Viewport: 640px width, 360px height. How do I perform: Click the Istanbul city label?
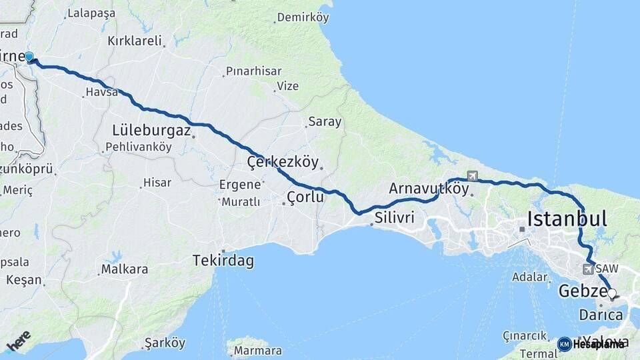[x=567, y=219]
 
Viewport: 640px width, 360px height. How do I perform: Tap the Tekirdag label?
[x=223, y=261]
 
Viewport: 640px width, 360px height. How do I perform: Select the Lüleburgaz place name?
[x=151, y=129]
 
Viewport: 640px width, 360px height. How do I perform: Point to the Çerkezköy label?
[x=283, y=162]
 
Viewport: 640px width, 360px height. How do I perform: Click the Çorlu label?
[x=305, y=197]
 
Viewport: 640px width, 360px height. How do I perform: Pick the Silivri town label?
[x=395, y=217]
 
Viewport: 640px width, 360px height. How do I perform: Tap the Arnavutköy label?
[x=429, y=188]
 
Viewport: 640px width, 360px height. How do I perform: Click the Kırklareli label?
[x=135, y=41]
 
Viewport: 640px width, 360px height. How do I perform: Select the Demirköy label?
[x=303, y=18]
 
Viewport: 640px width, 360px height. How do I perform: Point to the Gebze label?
[x=581, y=291]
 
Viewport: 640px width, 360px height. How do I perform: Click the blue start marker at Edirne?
[x=29, y=57]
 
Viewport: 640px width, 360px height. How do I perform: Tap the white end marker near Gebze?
[x=611, y=293]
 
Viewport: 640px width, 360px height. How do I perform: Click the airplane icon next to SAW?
[x=587, y=269]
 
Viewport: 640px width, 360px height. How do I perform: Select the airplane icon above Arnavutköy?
[x=473, y=176]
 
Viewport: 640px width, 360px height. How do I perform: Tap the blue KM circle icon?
[x=564, y=344]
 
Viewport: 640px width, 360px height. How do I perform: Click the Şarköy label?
[x=165, y=343]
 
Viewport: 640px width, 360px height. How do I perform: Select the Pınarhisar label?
[x=253, y=71]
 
